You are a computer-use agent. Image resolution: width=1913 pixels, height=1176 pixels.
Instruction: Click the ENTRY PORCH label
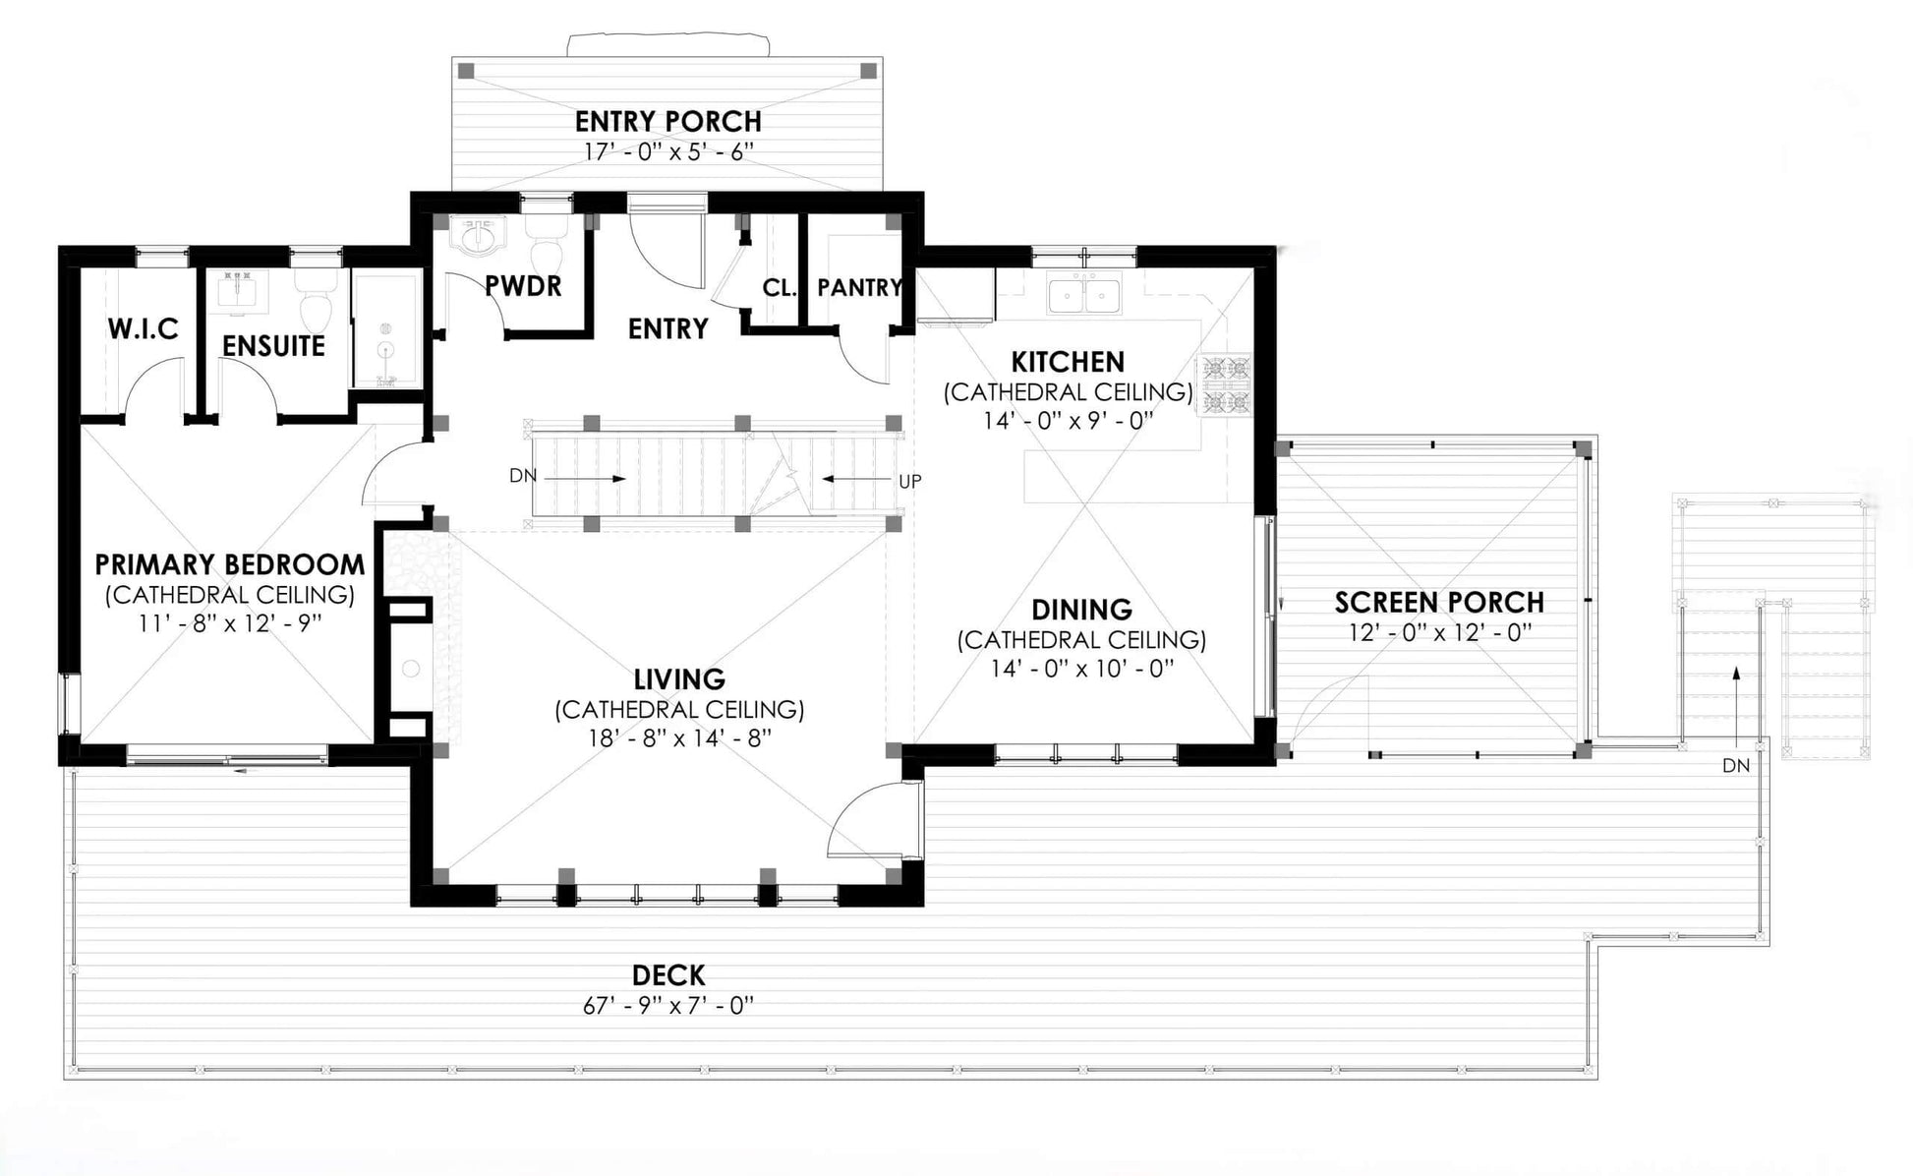pyautogui.click(x=667, y=121)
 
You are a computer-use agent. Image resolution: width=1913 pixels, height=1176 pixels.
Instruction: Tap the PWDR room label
pyautogui.click(x=523, y=286)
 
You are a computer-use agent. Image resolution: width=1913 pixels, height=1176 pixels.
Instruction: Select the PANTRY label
pyautogui.click(x=860, y=287)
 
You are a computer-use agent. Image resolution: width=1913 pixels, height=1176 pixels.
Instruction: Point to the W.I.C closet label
pyautogui.click(x=144, y=328)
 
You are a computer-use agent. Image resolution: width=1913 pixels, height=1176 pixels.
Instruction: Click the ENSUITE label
pyautogui.click(x=273, y=346)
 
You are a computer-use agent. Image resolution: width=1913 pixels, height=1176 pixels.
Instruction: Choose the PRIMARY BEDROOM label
pyautogui.click(x=229, y=564)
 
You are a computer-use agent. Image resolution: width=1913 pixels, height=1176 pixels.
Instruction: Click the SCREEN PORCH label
pyautogui.click(x=1439, y=602)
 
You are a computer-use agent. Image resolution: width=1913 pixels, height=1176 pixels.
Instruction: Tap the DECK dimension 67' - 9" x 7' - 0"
pyautogui.click(x=668, y=1005)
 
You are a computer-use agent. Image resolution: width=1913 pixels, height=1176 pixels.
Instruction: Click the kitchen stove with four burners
pyautogui.click(x=1224, y=385)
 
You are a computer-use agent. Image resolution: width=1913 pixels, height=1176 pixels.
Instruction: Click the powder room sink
pyautogui.click(x=478, y=236)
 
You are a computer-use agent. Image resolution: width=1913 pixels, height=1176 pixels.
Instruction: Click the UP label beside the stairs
pyautogui.click(x=909, y=482)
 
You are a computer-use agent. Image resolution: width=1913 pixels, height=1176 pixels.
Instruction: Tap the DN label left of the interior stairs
pyautogui.click(x=523, y=476)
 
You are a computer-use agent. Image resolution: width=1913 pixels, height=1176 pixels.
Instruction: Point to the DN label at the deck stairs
pyautogui.click(x=1736, y=765)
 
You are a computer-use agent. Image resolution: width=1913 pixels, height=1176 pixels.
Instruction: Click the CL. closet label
pyautogui.click(x=779, y=288)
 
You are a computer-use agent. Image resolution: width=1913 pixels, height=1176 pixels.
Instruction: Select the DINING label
pyautogui.click(x=1081, y=610)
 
